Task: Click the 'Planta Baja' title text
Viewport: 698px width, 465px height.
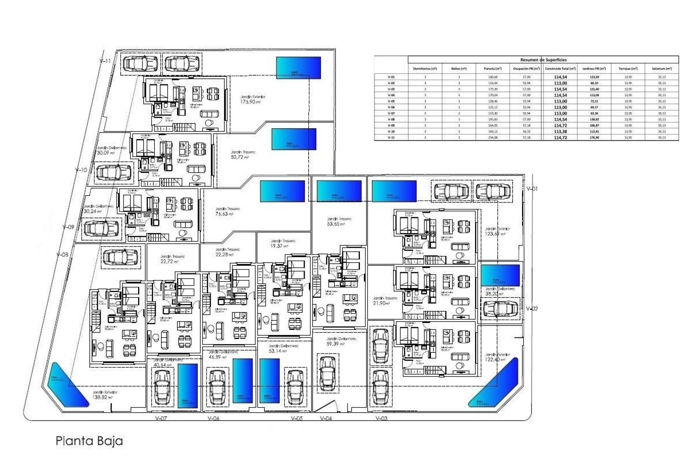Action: click(x=89, y=441)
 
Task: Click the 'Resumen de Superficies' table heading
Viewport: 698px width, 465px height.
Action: click(x=543, y=60)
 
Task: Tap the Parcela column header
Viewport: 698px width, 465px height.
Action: click(x=493, y=68)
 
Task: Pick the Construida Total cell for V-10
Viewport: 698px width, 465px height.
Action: click(x=560, y=132)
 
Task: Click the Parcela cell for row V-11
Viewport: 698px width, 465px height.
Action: click(x=493, y=138)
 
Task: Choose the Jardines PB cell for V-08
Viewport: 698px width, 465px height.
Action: click(x=594, y=119)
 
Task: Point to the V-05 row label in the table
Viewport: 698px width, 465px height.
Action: click(x=391, y=101)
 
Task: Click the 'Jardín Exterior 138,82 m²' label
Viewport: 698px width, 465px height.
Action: click(x=105, y=395)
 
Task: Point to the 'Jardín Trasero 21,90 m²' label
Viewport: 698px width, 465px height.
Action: click(x=385, y=300)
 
